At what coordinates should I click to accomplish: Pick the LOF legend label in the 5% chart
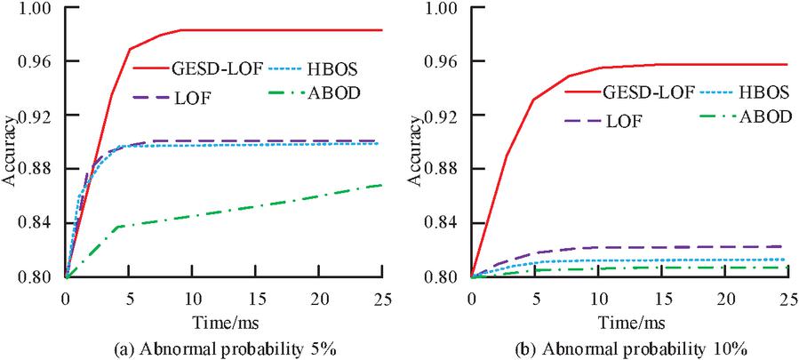(x=204, y=95)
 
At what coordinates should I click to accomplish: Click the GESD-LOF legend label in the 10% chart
(x=650, y=91)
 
